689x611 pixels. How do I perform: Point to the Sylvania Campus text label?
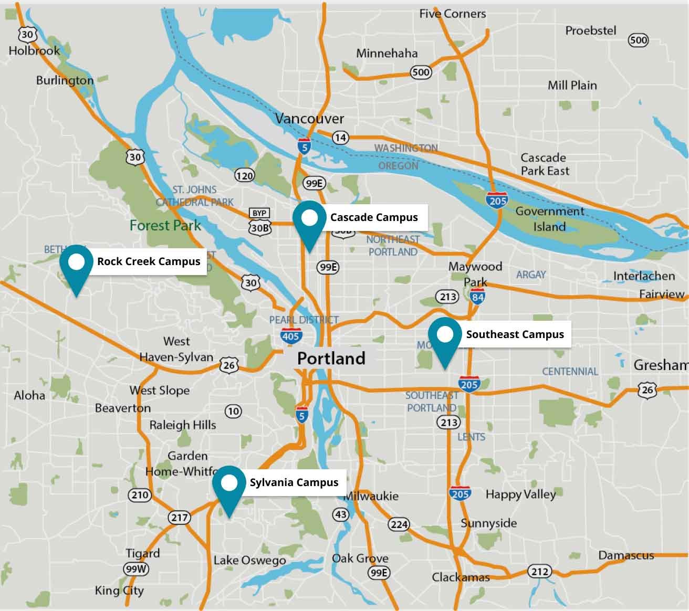click(x=294, y=482)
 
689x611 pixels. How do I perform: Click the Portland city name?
click(x=331, y=359)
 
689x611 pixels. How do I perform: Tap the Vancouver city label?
click(x=309, y=119)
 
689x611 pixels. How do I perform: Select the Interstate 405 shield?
click(x=290, y=336)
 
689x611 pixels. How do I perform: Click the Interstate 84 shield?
click(x=477, y=298)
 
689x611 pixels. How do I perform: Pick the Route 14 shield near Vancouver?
click(x=340, y=138)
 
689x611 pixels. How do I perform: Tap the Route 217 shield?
click(x=179, y=518)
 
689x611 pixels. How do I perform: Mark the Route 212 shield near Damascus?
click(x=540, y=572)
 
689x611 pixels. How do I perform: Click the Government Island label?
click(x=549, y=219)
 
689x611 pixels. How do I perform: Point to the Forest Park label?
click(x=165, y=226)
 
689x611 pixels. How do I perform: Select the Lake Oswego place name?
click(x=249, y=561)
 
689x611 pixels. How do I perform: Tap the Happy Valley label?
click(x=520, y=494)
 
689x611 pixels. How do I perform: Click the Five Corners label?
click(x=452, y=14)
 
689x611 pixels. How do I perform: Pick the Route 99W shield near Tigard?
click(x=136, y=569)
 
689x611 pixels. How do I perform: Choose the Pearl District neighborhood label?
click(x=304, y=320)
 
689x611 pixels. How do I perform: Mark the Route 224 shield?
click(x=399, y=524)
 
